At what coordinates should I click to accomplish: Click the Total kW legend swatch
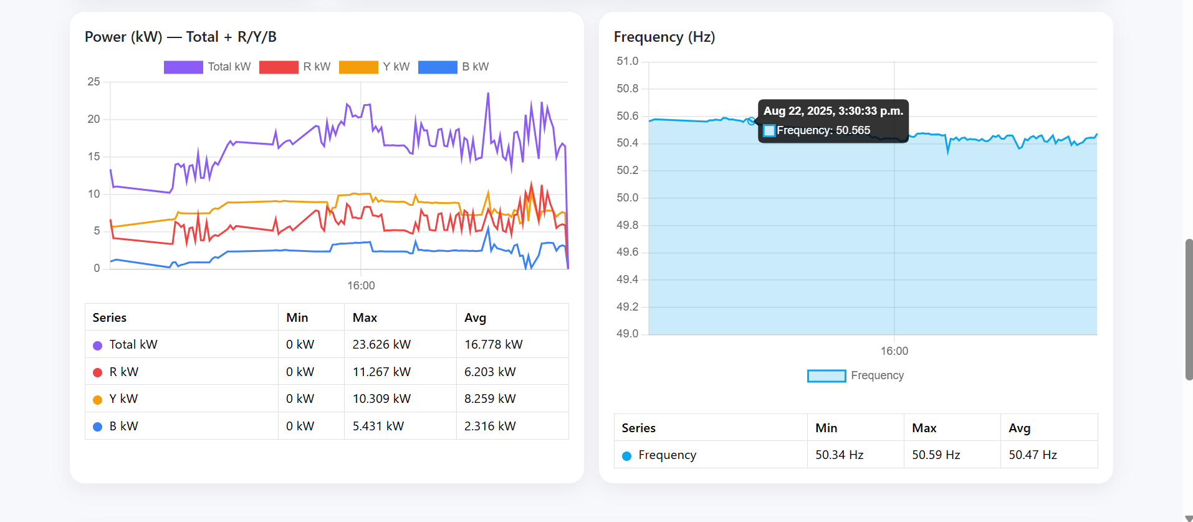[x=183, y=67]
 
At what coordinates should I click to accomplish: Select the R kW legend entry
[x=295, y=67]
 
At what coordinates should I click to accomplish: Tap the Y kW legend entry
[x=375, y=67]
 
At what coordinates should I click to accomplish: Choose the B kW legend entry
[x=454, y=67]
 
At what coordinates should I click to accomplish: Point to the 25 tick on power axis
[x=93, y=82]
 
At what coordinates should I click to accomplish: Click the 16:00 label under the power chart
[x=361, y=286]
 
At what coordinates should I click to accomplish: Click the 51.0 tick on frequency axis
[x=627, y=61]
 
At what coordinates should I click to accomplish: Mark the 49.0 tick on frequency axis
[x=627, y=334]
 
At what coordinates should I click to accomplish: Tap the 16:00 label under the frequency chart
[x=894, y=351]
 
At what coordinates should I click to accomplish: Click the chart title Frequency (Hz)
[x=664, y=37]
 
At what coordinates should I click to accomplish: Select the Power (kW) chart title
[x=180, y=37]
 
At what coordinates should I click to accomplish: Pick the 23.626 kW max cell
[x=381, y=344]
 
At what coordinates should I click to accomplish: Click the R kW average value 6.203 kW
[x=490, y=372]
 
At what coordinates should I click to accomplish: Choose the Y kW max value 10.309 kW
[x=381, y=399]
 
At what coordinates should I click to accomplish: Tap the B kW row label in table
[x=123, y=426]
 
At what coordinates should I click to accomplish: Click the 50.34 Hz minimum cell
[x=839, y=455]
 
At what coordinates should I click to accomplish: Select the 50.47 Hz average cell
[x=1032, y=455]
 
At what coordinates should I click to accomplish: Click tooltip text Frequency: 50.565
[x=823, y=130]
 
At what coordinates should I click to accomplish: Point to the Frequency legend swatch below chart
[x=826, y=375]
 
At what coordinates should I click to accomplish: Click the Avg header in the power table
[x=475, y=317]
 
